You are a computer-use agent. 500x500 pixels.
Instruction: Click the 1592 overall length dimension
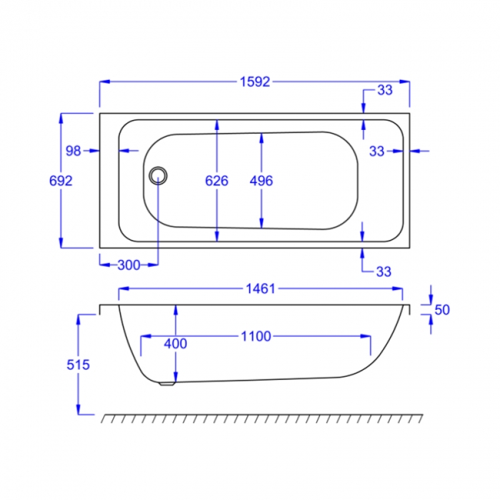pyautogui.click(x=254, y=82)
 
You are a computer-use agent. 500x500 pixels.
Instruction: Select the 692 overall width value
pyautogui.click(x=60, y=181)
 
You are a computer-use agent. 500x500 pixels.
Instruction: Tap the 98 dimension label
pyautogui.click(x=73, y=151)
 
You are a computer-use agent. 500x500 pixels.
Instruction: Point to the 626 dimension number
pyautogui.click(x=217, y=181)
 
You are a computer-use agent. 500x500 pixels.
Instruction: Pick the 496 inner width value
pyautogui.click(x=262, y=181)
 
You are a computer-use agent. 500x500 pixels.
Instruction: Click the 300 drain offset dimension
pyautogui.click(x=128, y=265)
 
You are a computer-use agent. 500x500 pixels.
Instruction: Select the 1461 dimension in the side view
pyautogui.click(x=260, y=289)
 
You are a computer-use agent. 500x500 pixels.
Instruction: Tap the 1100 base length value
pyautogui.click(x=256, y=336)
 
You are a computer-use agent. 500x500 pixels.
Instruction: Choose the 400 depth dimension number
pyautogui.click(x=175, y=344)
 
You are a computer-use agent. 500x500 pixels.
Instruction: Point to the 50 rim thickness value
pyautogui.click(x=442, y=310)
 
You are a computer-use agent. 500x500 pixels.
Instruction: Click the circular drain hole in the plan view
pyautogui.click(x=158, y=175)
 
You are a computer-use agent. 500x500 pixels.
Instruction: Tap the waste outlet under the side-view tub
pyautogui.click(x=165, y=383)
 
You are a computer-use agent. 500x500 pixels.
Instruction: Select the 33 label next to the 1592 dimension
pyautogui.click(x=385, y=90)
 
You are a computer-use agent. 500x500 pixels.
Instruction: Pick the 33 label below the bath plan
pyautogui.click(x=384, y=271)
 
